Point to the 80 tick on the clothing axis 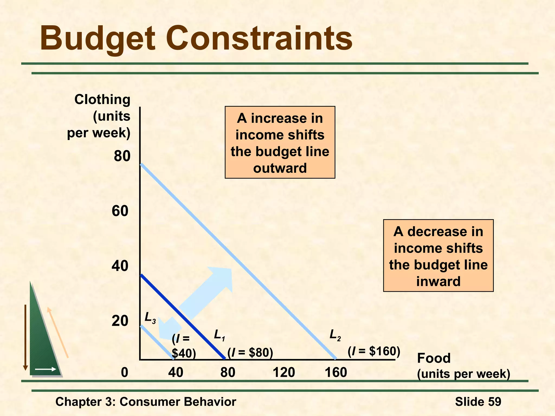click(x=122, y=156)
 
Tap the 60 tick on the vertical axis click(x=120, y=211)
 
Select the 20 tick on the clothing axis click(x=120, y=321)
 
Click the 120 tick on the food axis click(x=284, y=372)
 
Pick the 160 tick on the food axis click(x=336, y=372)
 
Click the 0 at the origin click(x=124, y=372)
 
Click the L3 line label click(x=150, y=318)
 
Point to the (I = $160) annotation click(x=374, y=351)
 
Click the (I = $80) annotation click(x=250, y=353)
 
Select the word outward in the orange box click(x=280, y=168)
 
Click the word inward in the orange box click(x=438, y=281)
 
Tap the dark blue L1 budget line click(x=182, y=317)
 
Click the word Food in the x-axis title click(x=434, y=358)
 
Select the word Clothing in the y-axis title click(x=102, y=99)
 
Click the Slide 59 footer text click(x=478, y=402)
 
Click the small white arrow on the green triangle click(x=46, y=369)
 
